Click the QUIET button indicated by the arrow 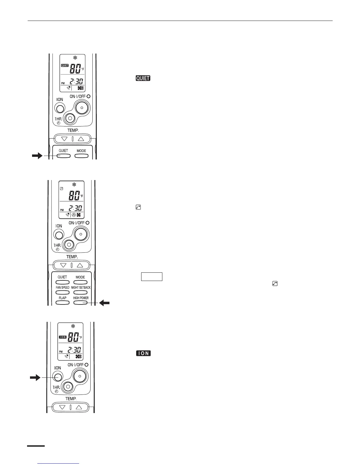64,156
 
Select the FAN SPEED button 62,292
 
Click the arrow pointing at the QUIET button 37,156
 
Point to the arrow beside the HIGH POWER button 104,303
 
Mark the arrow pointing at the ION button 35,377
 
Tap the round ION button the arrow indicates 58,377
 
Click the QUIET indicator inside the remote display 64,66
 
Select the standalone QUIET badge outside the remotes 143,78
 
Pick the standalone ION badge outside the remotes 143,353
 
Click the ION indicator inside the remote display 62,337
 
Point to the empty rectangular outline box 152,277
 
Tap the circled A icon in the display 74,215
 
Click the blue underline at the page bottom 59,464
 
